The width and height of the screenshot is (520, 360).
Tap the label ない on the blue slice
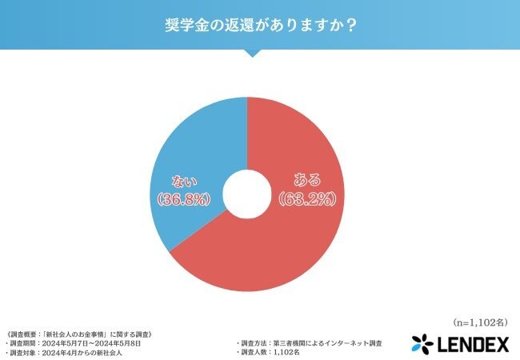[186, 182]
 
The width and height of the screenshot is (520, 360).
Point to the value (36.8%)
[186, 200]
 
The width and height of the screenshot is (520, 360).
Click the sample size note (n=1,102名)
[477, 323]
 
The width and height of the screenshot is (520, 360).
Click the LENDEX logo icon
[422, 344]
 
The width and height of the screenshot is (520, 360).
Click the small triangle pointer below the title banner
[250, 52]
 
